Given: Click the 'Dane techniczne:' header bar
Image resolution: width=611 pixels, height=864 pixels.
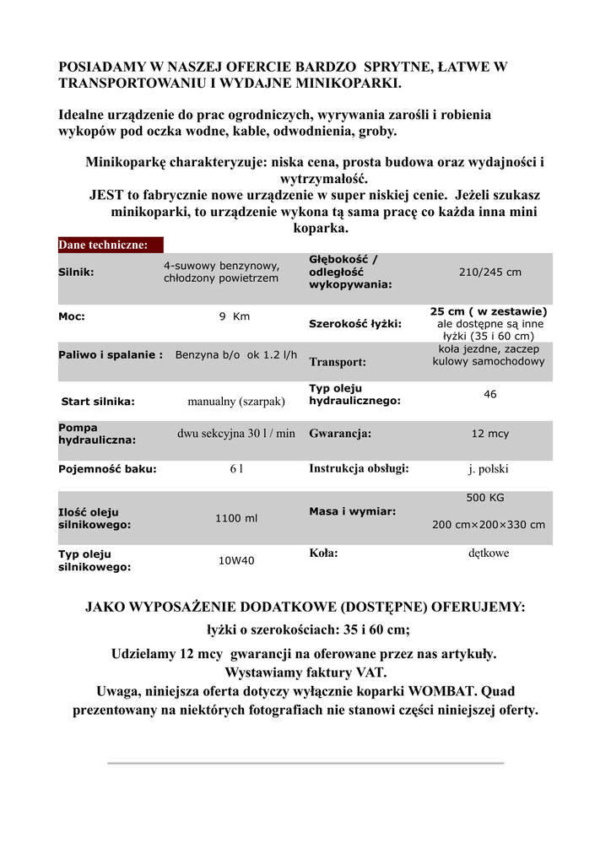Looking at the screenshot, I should [110, 246].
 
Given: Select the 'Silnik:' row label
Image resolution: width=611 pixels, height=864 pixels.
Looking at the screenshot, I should [76, 273].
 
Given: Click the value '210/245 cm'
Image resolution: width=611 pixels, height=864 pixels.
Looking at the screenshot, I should [489, 273].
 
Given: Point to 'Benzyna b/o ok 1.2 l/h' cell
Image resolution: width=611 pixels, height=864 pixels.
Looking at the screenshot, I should [236, 355].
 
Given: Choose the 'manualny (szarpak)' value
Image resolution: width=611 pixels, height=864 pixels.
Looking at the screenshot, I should [236, 402].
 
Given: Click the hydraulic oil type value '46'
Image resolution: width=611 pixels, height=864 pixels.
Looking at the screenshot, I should [489, 394].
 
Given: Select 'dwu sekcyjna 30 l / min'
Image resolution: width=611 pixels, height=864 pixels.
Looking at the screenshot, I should [236, 434].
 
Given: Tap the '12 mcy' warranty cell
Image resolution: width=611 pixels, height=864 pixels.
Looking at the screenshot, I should [489, 434].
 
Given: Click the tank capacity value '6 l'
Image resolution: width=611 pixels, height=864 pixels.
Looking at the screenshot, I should [236, 469].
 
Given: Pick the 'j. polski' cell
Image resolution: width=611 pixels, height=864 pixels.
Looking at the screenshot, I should [489, 469].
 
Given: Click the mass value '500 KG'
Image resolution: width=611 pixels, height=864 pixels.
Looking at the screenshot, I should [485, 498].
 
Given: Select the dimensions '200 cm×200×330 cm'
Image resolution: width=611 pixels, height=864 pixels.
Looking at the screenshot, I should [489, 525].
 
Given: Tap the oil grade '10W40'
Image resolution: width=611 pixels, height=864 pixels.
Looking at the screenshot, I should [236, 560].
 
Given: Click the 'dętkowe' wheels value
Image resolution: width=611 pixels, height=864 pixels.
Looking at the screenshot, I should [489, 553].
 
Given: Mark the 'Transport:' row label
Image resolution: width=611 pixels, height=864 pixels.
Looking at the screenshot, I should [338, 363].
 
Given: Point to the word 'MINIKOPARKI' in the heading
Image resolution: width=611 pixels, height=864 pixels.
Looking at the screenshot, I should [351, 84].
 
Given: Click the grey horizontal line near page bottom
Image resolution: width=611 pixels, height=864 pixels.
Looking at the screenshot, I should [305, 763].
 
